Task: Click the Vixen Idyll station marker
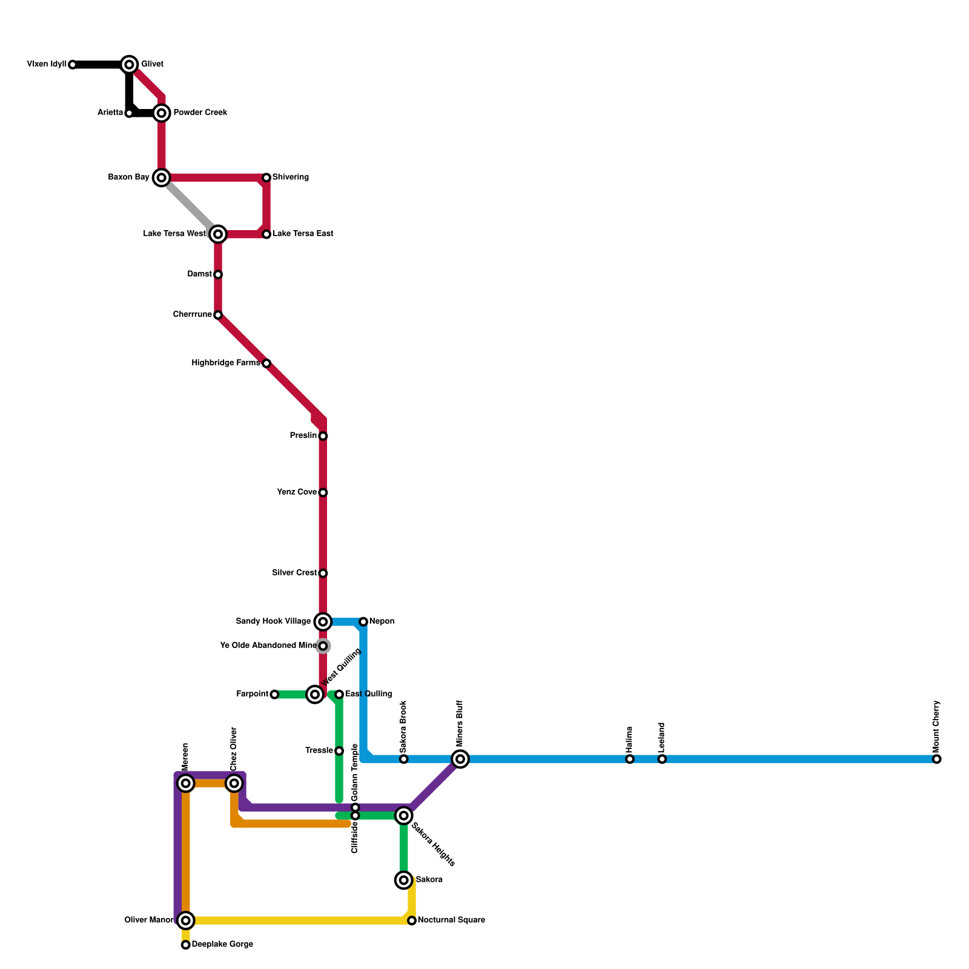73,65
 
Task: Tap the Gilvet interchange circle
129,64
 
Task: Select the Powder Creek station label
200,113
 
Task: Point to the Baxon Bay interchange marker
161,177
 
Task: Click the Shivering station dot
266,177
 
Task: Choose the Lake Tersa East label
303,234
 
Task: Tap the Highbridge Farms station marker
266,363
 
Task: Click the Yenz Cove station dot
323,492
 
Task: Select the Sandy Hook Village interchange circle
323,621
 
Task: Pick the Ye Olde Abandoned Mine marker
323,646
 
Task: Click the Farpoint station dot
274,695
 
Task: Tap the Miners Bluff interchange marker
460,759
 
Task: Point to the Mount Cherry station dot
937,759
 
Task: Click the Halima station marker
630,759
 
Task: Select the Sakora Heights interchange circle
404,816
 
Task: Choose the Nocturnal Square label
451,921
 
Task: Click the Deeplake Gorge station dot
186,945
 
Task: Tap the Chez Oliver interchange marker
234,783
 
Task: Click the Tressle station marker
339,751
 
